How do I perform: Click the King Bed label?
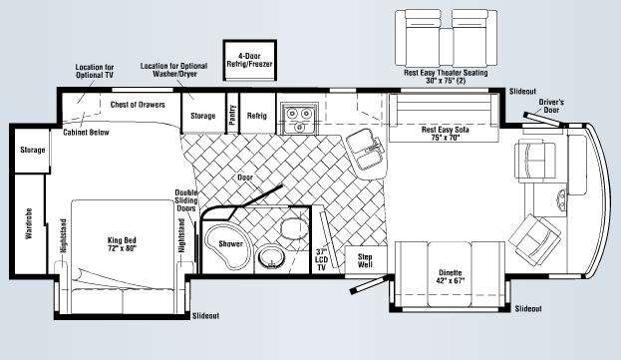point(122,244)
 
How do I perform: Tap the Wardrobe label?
point(29,223)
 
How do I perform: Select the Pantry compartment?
point(232,114)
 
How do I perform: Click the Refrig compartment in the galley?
point(257,114)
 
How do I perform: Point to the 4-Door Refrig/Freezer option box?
point(249,60)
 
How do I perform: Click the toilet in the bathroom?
point(294,228)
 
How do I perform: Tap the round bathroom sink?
point(271,258)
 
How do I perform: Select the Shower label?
point(230,244)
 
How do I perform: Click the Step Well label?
point(365,260)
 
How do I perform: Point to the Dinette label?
point(451,277)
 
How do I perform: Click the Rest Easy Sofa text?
point(446,134)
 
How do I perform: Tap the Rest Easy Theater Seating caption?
point(446,77)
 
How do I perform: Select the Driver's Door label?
point(551,106)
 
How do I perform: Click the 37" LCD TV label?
point(322,260)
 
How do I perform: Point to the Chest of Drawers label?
point(138,105)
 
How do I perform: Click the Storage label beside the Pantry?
point(202,116)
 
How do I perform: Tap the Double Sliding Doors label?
point(186,200)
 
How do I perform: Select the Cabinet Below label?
point(86,133)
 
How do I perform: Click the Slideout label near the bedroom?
point(205,316)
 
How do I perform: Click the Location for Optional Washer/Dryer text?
point(173,70)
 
